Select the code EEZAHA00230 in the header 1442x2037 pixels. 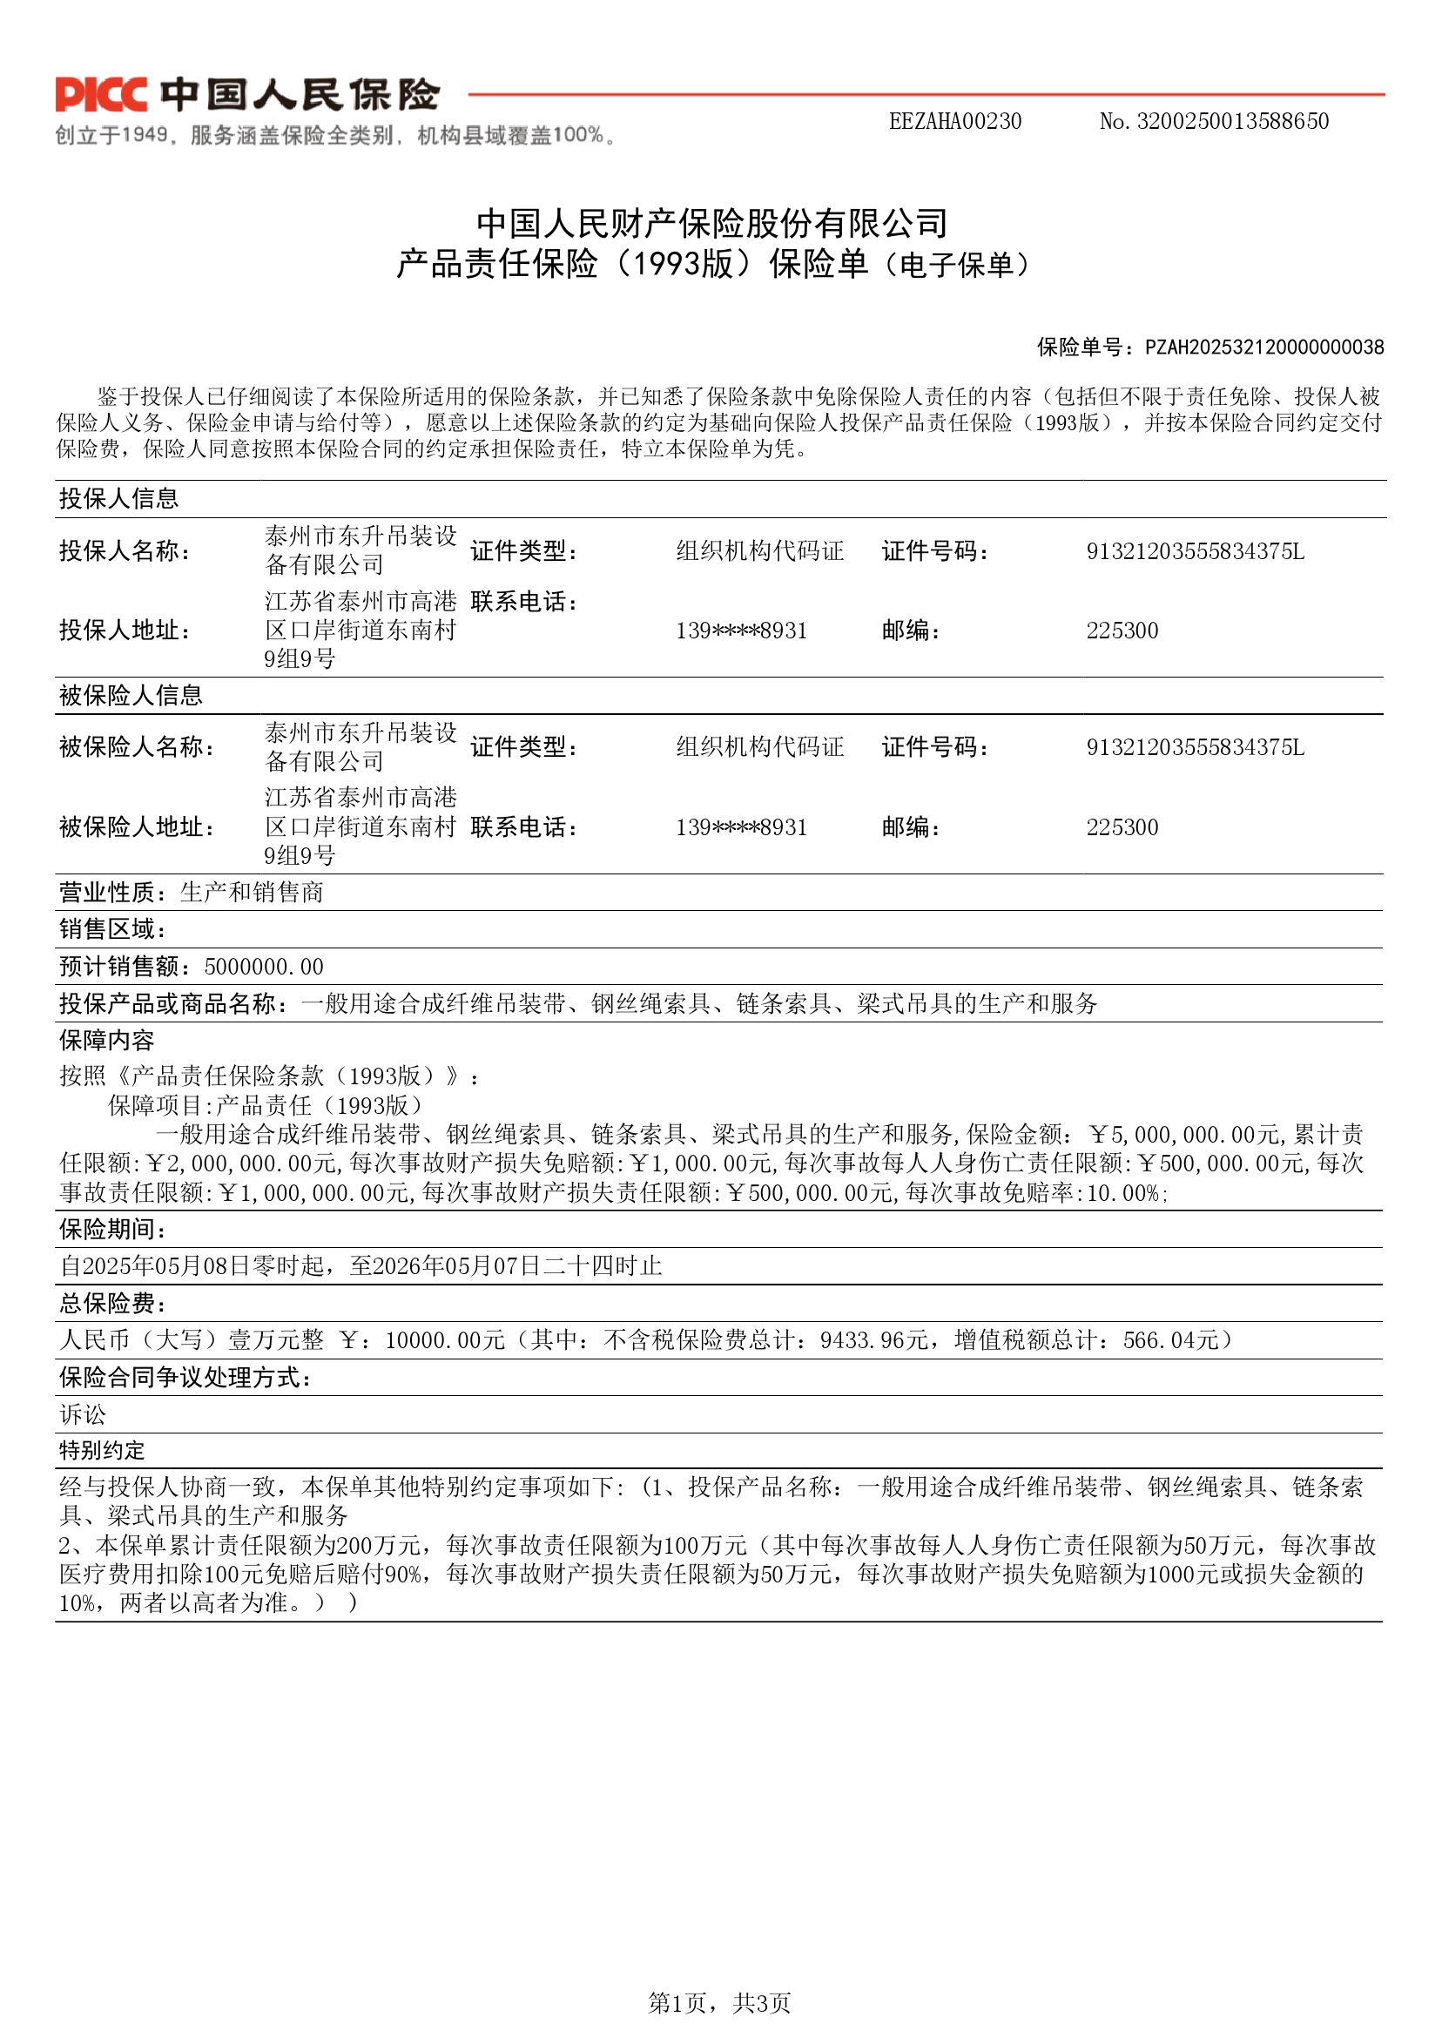[954, 122]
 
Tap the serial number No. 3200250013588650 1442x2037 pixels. [1213, 122]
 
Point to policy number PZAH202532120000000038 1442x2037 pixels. [1263, 347]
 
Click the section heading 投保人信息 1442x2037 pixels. [119, 499]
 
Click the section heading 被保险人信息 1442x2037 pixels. [131, 695]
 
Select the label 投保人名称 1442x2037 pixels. [125, 551]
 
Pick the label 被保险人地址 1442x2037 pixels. [137, 827]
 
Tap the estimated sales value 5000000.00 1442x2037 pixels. [264, 967]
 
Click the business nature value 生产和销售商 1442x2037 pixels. [253, 893]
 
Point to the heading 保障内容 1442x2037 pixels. [106, 1040]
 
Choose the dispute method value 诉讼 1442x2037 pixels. [83, 1414]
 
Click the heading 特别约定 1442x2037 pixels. [101, 1451]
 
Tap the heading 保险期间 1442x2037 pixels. [113, 1230]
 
